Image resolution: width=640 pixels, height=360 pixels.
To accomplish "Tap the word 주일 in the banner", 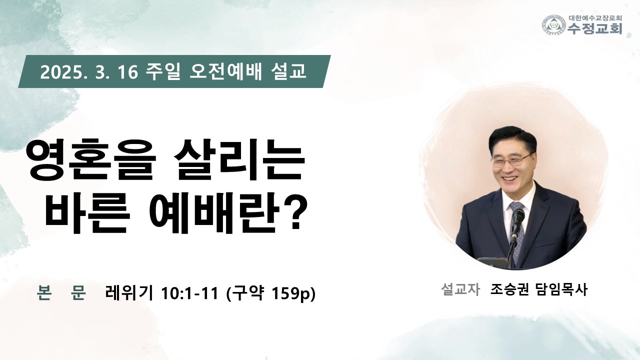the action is (163, 71).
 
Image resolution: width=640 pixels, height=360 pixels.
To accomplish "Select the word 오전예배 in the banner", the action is (225, 71).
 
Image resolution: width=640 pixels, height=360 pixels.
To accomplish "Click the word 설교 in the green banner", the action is (288, 71).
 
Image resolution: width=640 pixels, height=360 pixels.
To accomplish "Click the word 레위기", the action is (129, 293).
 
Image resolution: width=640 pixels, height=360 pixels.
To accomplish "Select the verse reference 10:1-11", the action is (190, 293).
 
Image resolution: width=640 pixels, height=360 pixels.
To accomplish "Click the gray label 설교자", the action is (460, 289).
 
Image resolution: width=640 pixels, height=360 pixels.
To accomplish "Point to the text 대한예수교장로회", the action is (593, 17).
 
